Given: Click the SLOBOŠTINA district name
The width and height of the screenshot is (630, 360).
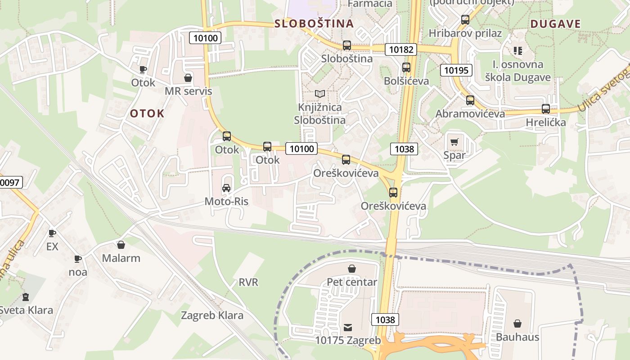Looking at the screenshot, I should point(314,24).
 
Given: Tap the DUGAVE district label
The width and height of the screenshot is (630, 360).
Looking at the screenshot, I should point(555,24).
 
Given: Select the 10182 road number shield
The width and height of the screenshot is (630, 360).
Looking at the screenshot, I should point(400,49).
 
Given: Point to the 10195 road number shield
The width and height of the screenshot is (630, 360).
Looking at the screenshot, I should point(457,70).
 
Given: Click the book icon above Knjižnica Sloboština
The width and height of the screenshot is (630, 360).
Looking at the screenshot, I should point(320,94).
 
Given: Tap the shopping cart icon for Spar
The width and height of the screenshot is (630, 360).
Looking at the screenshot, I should point(454,142).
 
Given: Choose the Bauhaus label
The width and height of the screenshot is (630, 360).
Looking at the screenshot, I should point(517,337).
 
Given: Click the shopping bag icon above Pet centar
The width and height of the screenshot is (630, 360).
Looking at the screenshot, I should point(352,269).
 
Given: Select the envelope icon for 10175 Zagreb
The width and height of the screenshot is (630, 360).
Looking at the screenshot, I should point(348,327).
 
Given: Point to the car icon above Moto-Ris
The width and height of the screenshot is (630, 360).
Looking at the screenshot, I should point(226,188).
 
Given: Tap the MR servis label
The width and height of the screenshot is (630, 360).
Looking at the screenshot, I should point(188,91).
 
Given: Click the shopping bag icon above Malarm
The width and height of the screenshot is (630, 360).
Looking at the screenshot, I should point(121,245).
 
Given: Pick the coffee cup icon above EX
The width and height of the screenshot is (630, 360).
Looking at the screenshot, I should point(52,233).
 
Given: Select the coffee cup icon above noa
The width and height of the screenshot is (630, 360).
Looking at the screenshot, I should point(78,259).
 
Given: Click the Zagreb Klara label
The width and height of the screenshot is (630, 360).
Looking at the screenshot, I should point(212,315).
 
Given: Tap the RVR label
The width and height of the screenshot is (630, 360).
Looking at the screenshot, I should point(248,282).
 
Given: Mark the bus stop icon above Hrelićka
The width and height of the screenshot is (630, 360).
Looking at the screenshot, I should point(546,108).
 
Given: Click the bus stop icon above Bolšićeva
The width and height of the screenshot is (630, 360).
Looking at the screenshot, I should point(406,67).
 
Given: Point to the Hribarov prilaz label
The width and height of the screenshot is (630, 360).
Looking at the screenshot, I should point(465,33).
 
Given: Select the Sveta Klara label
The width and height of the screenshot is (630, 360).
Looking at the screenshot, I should point(26,310).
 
